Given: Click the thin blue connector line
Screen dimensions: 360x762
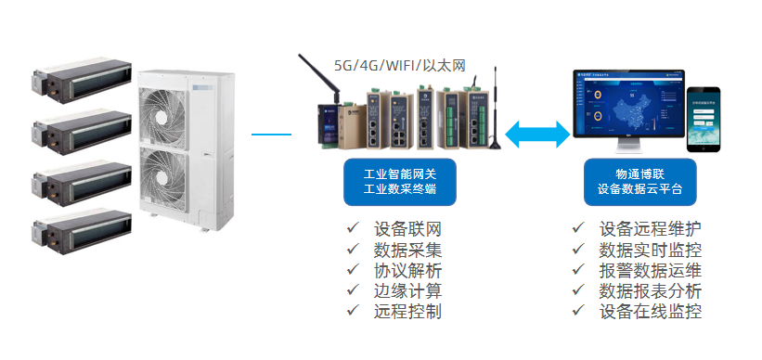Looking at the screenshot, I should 271,135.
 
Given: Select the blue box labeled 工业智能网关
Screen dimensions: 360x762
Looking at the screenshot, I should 402,181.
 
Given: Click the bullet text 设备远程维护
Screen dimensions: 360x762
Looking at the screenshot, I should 650,228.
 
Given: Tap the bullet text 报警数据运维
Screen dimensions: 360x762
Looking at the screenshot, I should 650,270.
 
